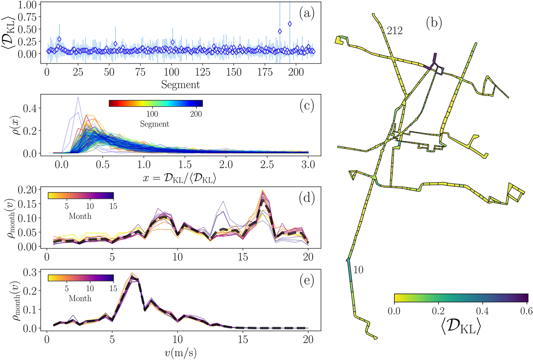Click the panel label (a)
[x=306, y=14]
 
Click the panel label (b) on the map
[x=434, y=23]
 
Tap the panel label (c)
[x=306, y=106]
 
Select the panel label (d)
[x=306, y=197]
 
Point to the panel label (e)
[x=306, y=281]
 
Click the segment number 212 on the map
[x=394, y=31]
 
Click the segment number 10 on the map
[x=358, y=270]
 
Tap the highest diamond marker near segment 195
[x=290, y=24]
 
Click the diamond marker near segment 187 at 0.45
[x=280, y=31]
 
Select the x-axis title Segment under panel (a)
[x=180, y=85]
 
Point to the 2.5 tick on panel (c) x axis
[x=267, y=165]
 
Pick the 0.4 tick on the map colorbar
[x=482, y=311]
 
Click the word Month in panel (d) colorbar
[x=80, y=216]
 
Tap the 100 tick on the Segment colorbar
[x=152, y=114]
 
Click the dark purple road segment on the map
[x=435, y=59]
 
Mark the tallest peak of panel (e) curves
[x=132, y=275]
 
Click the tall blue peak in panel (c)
[x=78, y=98]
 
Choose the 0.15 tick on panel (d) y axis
[x=29, y=204]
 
